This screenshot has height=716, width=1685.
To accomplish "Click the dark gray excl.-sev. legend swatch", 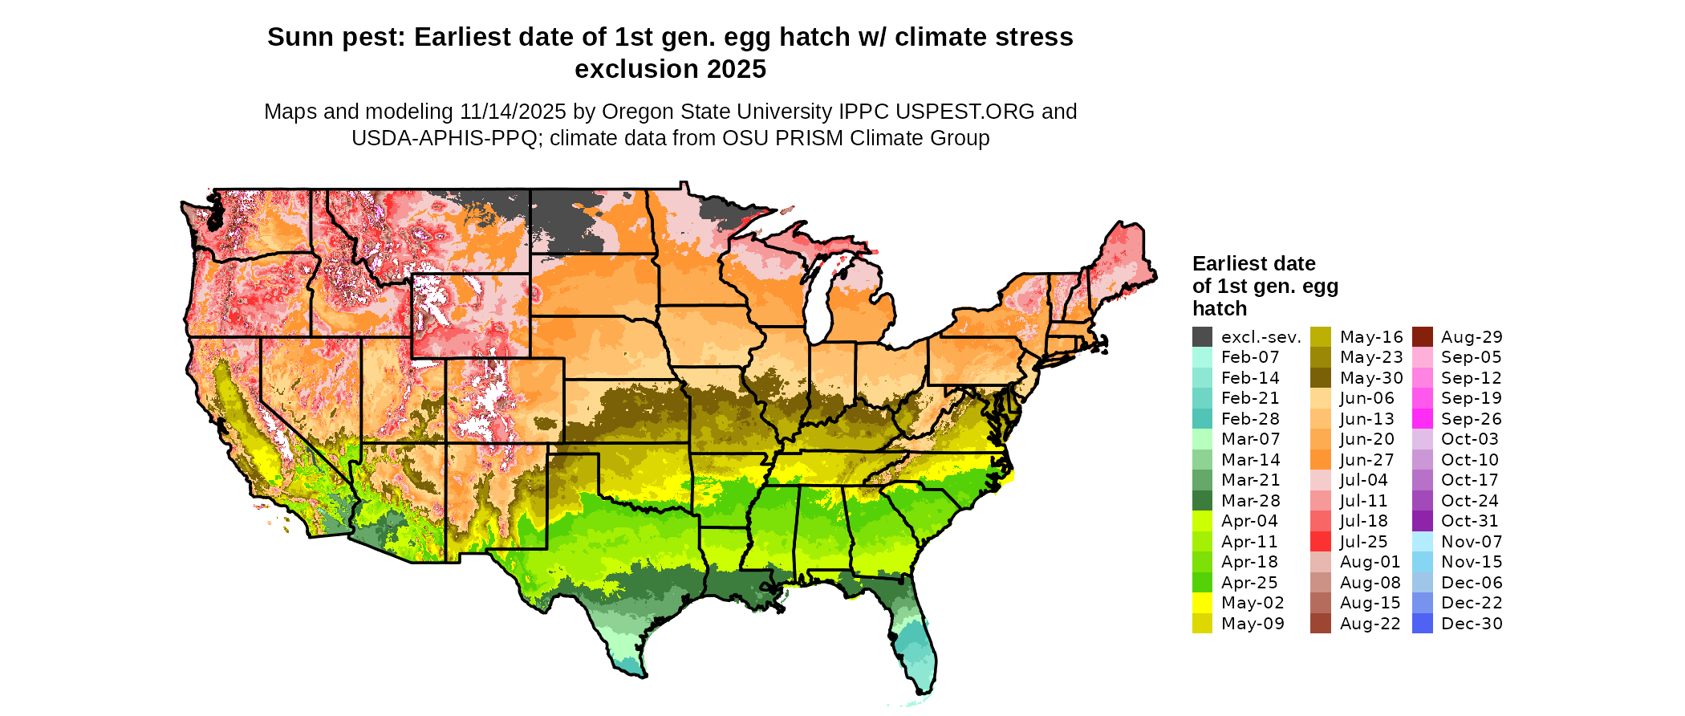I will (x=1202, y=337).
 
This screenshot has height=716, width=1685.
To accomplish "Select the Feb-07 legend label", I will (x=1250, y=357).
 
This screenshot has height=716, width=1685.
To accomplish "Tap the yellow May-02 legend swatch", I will (x=1202, y=603).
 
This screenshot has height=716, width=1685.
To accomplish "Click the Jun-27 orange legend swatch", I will (x=1321, y=460).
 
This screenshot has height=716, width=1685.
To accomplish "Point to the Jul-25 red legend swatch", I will (x=1321, y=542).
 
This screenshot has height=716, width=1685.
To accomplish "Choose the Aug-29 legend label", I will (x=1472, y=337).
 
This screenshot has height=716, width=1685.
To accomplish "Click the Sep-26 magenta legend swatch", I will (x=1422, y=419).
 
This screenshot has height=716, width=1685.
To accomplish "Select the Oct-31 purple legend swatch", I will (x=1422, y=521).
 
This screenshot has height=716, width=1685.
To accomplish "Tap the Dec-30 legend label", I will (x=1472, y=624).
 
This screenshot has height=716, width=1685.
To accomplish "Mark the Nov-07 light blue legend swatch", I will (x=1422, y=542).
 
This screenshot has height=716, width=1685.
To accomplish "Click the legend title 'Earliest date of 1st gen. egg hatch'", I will (x=1265, y=286).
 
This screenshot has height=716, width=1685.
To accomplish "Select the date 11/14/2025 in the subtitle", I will (x=513, y=112).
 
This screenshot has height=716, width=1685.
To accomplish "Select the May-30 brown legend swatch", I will (x=1321, y=378).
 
